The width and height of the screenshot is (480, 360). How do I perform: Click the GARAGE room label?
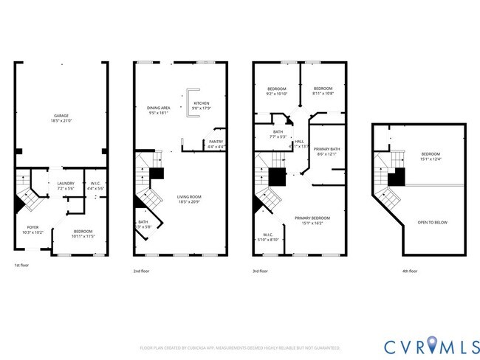click(x=61, y=117)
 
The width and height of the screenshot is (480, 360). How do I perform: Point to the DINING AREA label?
click(x=159, y=108)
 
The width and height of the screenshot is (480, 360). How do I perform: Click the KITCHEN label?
click(x=201, y=103)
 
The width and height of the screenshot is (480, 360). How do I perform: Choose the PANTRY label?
click(x=216, y=141)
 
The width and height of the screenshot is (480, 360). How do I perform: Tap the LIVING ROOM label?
click(x=189, y=196)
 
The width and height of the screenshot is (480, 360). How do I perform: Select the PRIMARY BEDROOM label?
click(x=312, y=218)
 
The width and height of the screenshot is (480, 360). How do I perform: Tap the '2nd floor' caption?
click(x=143, y=271)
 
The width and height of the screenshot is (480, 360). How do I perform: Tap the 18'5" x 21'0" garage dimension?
click(x=61, y=122)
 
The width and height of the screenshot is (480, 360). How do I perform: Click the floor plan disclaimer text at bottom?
click(x=240, y=347)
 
